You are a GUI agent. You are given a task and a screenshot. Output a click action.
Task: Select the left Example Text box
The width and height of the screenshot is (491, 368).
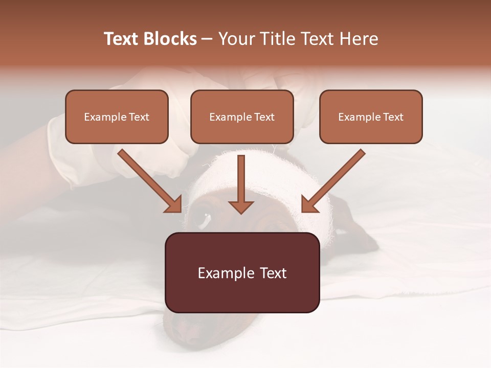pos(117,117)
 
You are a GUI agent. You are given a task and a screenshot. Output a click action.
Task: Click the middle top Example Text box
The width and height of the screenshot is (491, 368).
pos(242,117)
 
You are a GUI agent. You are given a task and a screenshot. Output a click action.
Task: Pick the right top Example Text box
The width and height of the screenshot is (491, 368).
pos(371,117)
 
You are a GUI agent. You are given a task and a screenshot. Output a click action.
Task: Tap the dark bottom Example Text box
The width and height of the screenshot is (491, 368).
pos(242,272)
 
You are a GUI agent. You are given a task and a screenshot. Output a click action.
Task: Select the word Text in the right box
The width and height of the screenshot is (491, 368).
pos(393,117)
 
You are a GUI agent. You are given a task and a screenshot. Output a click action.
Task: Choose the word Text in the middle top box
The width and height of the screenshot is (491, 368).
pos(264,117)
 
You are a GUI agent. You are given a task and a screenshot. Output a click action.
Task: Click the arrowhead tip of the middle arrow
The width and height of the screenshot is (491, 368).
pos(241,213)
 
